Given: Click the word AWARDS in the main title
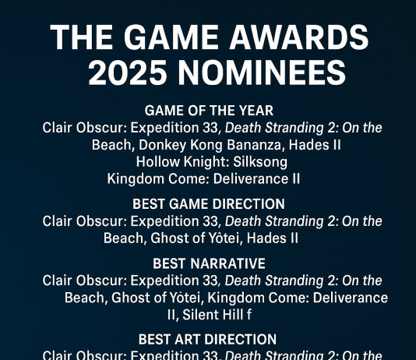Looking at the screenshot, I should coord(295,37).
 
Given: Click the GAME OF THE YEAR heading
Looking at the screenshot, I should coord(209,111).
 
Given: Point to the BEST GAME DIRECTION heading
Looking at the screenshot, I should coord(209,204).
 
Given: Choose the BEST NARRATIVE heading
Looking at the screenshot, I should coord(209,263).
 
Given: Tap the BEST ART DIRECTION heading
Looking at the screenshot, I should coord(207,340).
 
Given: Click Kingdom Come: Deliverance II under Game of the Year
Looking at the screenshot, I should coord(204,179).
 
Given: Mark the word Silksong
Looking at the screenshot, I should coord(258,162).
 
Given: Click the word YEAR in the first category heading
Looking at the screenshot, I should coord(256,111).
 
